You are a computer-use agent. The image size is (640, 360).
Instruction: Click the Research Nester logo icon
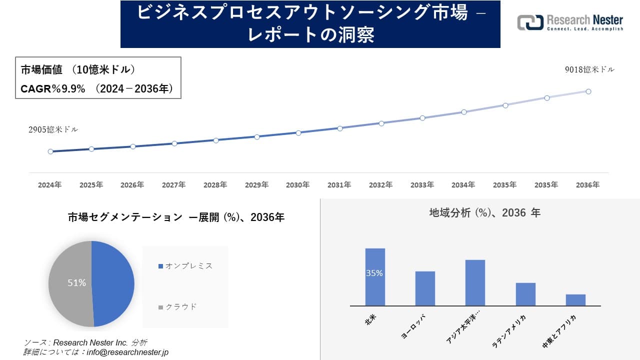[530, 22]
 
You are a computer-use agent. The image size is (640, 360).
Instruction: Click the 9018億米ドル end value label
[589, 70]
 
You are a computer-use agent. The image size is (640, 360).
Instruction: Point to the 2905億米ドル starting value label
[53, 129]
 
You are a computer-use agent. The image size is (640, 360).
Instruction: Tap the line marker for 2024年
[50, 151]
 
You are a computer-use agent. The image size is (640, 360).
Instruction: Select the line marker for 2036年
[588, 91]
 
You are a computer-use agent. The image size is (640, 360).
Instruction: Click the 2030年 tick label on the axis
[298, 185]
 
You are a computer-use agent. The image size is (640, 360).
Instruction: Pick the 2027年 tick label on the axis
[173, 185]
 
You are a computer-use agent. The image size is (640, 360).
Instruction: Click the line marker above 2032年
[381, 123]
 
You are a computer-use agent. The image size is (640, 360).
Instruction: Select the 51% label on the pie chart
[76, 283]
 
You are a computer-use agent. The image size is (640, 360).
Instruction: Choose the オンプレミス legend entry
[185, 266]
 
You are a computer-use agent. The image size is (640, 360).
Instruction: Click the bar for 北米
[375, 287]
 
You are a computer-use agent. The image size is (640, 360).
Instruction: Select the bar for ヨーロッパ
[425, 288]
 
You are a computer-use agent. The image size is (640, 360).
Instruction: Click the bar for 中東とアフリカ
[575, 299]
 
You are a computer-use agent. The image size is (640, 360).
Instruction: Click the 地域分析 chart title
[484, 213]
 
